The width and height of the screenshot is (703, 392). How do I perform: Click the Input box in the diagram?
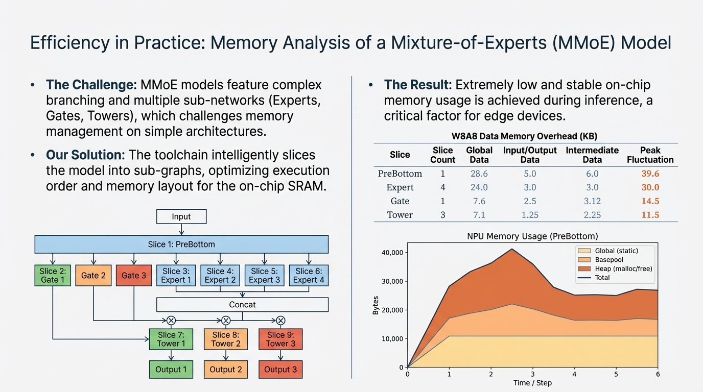pos(181,216)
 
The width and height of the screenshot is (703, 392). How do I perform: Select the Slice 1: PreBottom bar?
pos(181,244)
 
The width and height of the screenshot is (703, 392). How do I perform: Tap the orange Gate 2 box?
pos(93,275)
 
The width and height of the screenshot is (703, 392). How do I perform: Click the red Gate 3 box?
pos(134,275)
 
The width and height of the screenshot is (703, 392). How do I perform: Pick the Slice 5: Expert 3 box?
pos(264,275)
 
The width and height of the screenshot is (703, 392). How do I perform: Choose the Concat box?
pos(242,305)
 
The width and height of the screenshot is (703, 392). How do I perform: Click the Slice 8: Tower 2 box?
pos(226,339)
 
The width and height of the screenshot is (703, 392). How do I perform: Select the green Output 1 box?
pos(171,369)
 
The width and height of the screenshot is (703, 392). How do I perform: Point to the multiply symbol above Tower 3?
pos(280,321)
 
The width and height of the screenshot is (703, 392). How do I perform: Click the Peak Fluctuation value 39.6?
pos(650,174)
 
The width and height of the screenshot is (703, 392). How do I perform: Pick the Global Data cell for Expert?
pos(479,187)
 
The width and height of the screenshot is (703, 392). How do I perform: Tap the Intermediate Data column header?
pos(592,155)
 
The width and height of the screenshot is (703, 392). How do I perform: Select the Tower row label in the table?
pos(400,215)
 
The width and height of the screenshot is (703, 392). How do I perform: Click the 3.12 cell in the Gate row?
pos(592,201)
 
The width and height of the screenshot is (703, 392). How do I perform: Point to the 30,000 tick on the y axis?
pos(393,281)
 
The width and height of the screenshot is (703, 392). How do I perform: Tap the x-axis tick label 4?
pos(574,374)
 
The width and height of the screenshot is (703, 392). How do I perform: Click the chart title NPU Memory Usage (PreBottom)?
pos(532,236)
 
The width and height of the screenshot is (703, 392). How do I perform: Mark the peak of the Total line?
pos(512,249)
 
